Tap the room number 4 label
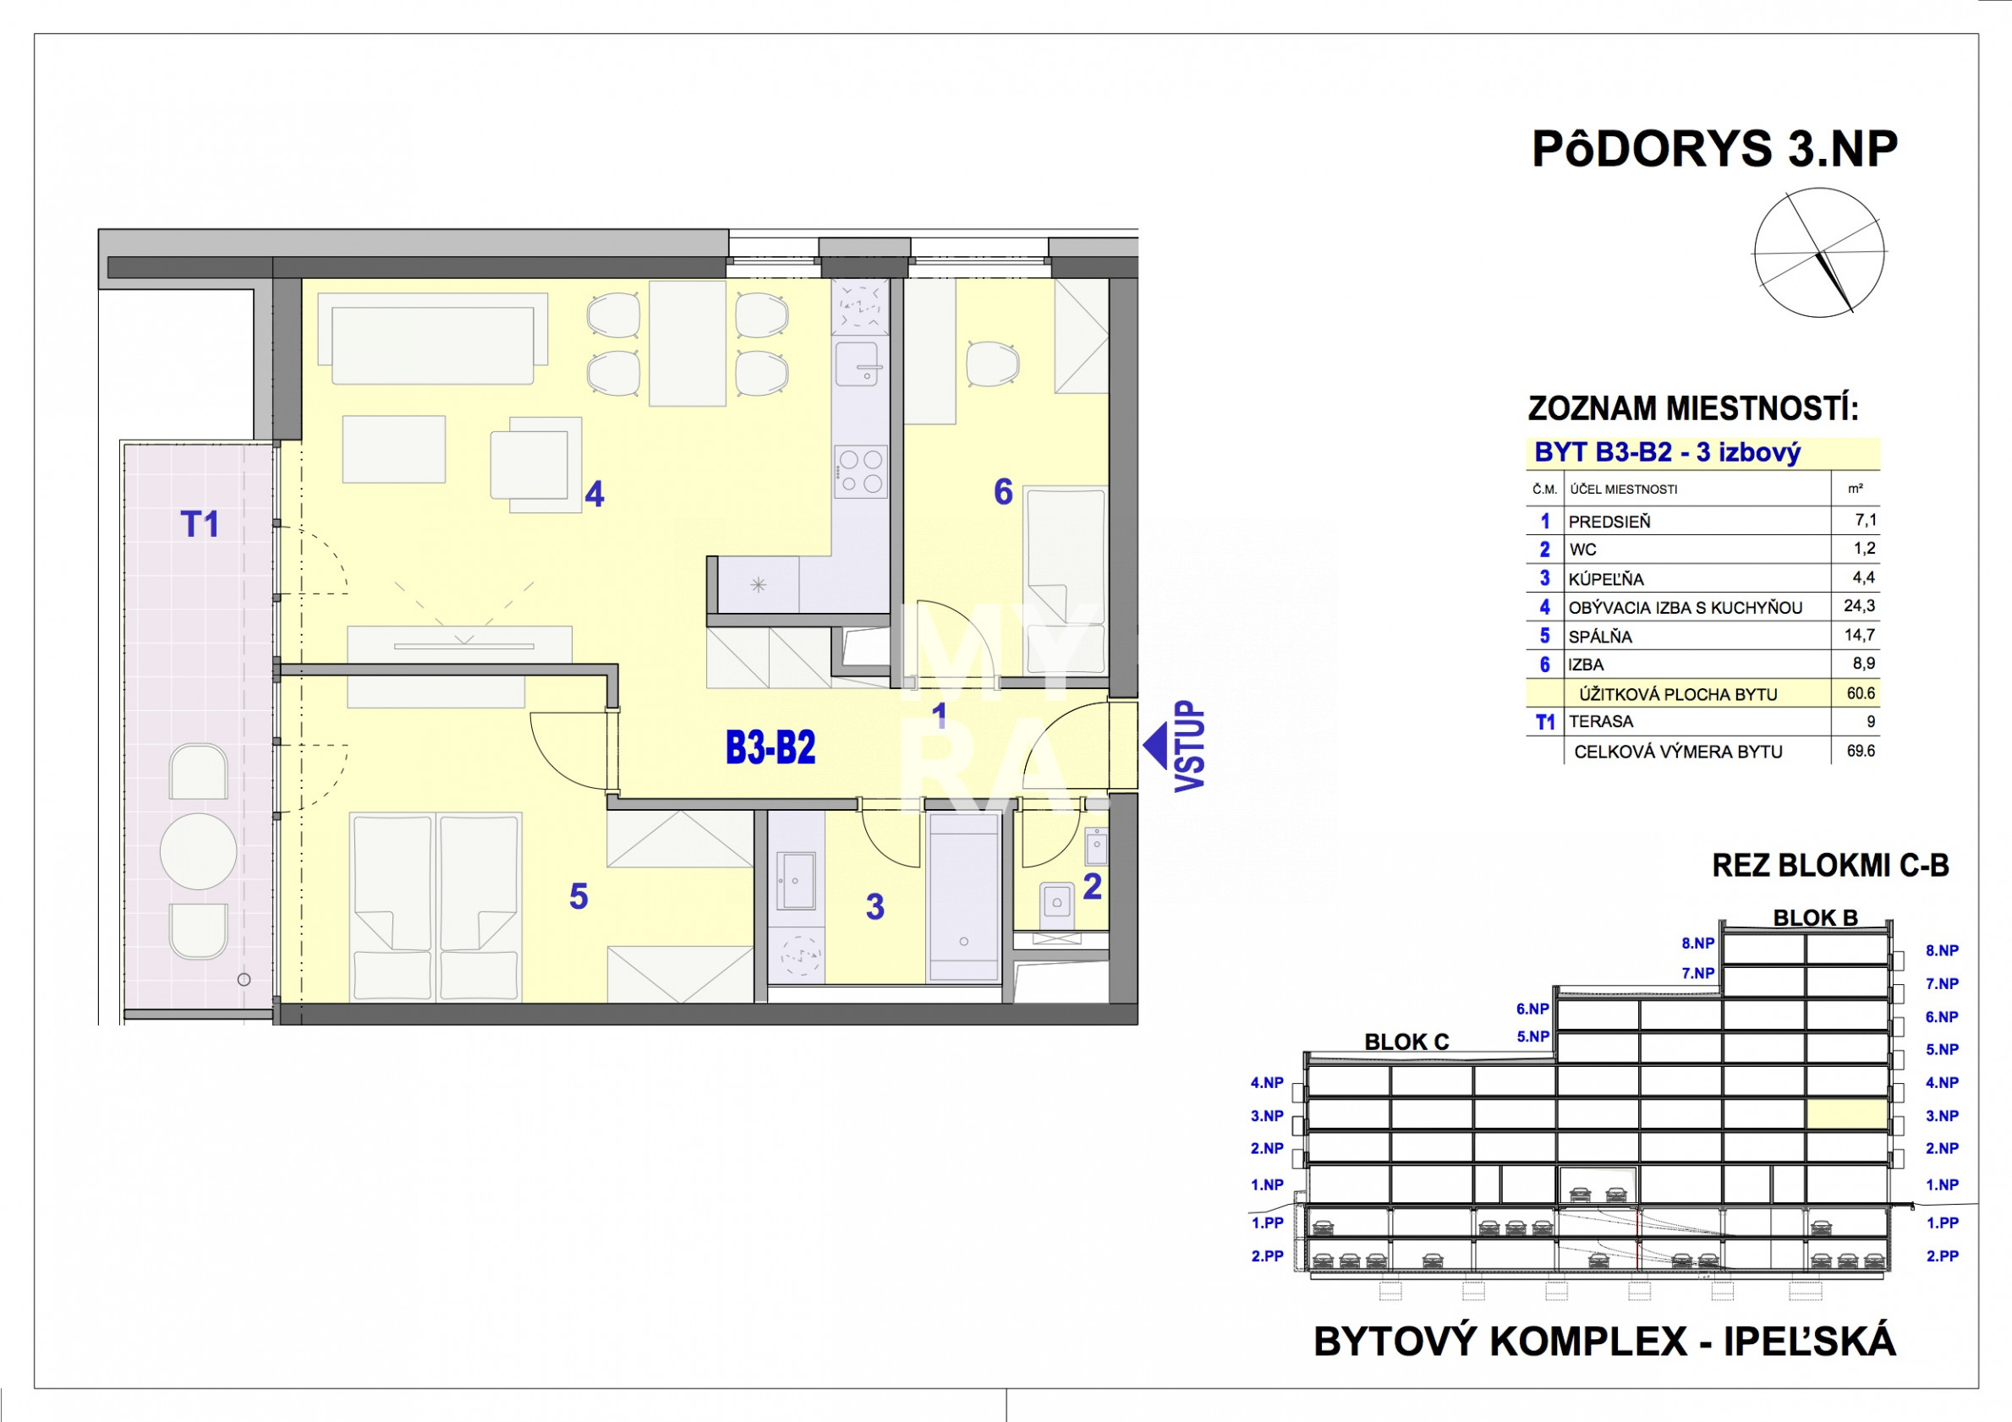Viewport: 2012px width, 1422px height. tap(595, 495)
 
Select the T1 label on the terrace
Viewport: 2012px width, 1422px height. tap(200, 524)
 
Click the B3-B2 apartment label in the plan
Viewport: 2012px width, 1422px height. tap(770, 747)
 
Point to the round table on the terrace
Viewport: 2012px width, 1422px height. tap(199, 850)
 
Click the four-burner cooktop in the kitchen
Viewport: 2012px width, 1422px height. tap(860, 472)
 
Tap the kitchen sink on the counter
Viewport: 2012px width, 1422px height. tap(857, 364)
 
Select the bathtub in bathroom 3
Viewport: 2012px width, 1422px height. tap(964, 896)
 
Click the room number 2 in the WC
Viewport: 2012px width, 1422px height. tap(1092, 887)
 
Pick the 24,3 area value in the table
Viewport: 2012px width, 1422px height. tap(1859, 605)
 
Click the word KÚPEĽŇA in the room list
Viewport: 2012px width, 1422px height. tap(1605, 579)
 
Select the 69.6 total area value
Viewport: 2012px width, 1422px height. tap(1861, 751)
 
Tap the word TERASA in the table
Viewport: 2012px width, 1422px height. tap(1601, 722)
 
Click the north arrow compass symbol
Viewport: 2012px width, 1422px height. tap(1820, 252)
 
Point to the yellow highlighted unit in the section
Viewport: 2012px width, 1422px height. tap(1846, 1113)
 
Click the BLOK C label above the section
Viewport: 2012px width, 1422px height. tap(1406, 1042)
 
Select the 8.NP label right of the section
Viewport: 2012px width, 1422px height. tap(1942, 950)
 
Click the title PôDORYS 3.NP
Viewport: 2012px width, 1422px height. tap(1714, 149)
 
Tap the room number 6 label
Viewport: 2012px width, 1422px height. tap(1003, 492)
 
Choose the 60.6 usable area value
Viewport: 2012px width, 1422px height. tap(1861, 693)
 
